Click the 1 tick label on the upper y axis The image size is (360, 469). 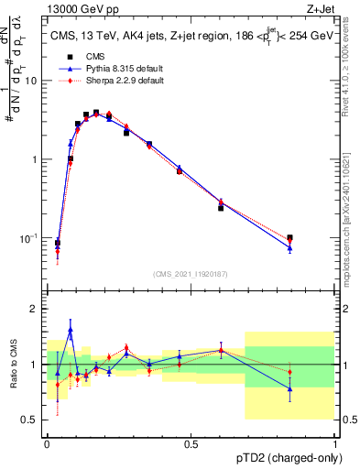(36, 159)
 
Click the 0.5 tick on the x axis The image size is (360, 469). (191, 443)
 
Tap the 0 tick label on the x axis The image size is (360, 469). (48, 443)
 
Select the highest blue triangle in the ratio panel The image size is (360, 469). (71, 330)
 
